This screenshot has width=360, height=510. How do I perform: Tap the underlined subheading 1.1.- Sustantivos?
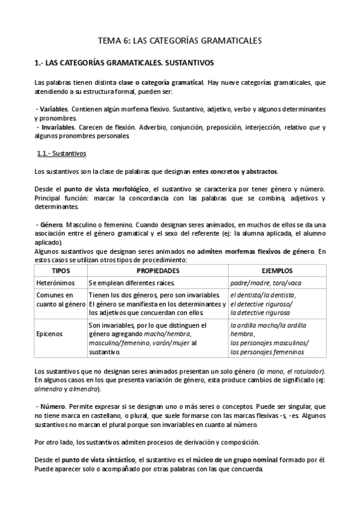(61, 153)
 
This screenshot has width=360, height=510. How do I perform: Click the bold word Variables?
(54, 109)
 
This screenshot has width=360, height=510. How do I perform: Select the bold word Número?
(53, 407)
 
